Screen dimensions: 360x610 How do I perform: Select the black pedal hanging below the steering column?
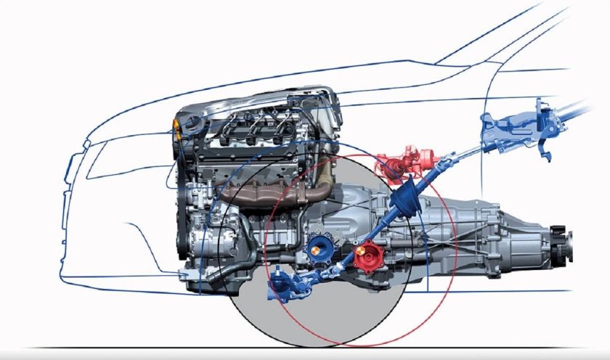tap(544, 149)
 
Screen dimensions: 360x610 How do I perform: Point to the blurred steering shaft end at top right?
tap(581, 109)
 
